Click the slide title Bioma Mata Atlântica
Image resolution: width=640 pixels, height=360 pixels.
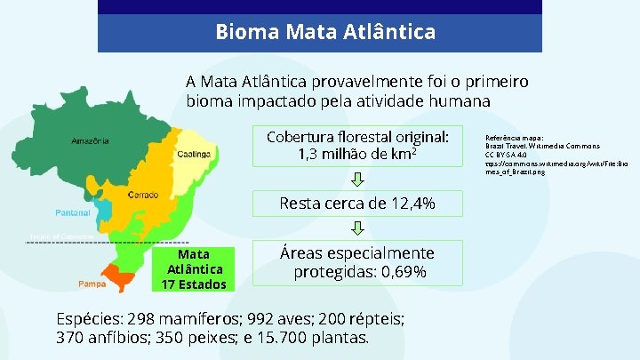coord(325,33)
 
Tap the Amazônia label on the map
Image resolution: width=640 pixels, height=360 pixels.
coord(91,140)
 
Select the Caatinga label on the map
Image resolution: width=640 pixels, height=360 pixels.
coord(193,153)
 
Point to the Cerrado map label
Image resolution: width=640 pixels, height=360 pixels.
coord(144,194)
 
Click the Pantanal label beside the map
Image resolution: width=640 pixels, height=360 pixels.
coord(72,212)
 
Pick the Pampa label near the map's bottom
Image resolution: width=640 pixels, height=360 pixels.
coord(92,284)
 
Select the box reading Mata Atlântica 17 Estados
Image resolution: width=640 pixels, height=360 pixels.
coord(194,268)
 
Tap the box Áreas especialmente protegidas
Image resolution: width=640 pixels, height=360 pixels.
coord(357,262)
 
